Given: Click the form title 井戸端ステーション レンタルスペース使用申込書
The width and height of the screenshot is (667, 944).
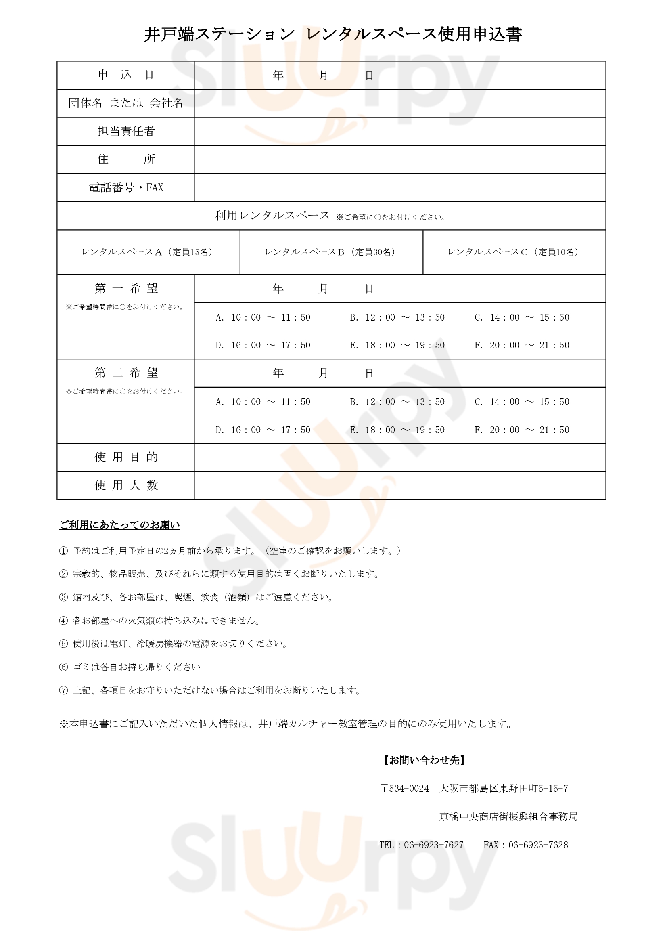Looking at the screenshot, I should click(x=333, y=34).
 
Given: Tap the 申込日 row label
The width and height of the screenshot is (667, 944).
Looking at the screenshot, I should click(x=125, y=75).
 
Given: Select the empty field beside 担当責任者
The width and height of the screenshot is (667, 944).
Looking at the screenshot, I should click(x=399, y=131).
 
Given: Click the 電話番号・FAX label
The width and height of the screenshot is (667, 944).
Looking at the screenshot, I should click(x=125, y=187).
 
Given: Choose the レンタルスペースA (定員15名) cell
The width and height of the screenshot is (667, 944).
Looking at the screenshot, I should click(x=148, y=252).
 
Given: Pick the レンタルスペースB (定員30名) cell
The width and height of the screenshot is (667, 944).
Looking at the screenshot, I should click(x=331, y=252).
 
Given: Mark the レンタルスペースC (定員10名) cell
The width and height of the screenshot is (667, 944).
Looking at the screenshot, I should click(x=514, y=252).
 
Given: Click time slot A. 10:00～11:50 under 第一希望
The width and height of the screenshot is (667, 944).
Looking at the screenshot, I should click(x=263, y=317).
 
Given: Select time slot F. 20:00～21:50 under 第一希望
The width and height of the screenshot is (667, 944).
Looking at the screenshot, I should click(x=522, y=345).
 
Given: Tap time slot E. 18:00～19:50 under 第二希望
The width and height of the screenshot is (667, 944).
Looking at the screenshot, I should click(x=397, y=430).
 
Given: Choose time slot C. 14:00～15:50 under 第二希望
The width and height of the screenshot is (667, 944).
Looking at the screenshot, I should click(x=522, y=402).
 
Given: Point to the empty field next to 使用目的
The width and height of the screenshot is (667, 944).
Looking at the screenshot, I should click(x=399, y=457).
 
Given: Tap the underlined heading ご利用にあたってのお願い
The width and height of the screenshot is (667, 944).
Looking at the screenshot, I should click(x=119, y=525).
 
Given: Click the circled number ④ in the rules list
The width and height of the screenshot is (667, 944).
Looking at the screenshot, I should click(x=63, y=621).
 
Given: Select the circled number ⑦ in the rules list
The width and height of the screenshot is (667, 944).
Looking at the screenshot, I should click(x=63, y=691).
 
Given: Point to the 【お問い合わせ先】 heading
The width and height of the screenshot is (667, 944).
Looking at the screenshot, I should click(x=424, y=760).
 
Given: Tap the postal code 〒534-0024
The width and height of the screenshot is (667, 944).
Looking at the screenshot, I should click(x=405, y=789).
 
